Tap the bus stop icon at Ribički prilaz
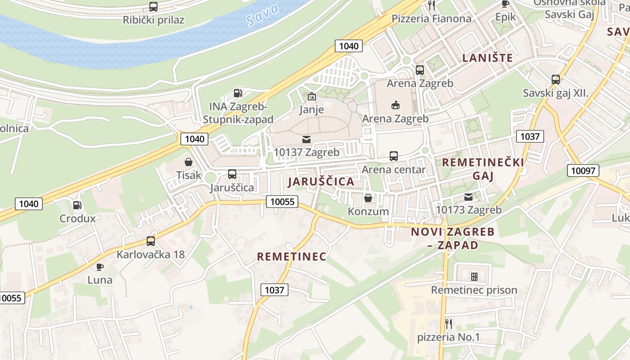(x=153, y=7)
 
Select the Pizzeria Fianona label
(x=431, y=18)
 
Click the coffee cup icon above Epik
(x=505, y=4)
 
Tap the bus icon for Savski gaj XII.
(x=556, y=80)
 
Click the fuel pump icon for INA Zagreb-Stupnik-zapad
(x=238, y=94)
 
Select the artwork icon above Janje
(x=311, y=96)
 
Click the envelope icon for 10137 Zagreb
(x=306, y=139)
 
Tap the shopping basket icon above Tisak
(x=189, y=162)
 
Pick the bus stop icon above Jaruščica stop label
(x=232, y=174)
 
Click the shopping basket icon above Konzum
(x=368, y=198)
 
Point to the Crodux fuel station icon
(x=77, y=205)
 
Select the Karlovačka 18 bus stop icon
(x=151, y=241)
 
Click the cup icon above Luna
(x=100, y=267)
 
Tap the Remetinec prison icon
(x=474, y=276)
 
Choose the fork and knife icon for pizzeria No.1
(x=448, y=324)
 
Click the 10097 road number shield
(x=583, y=170)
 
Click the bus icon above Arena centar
(x=394, y=156)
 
